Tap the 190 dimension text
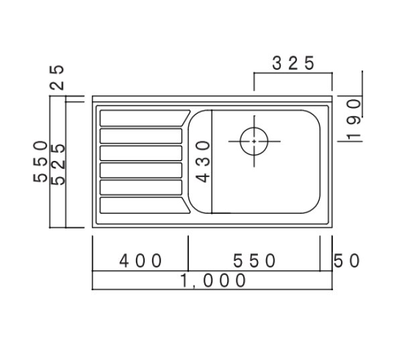pyautogui.click(x=354, y=118)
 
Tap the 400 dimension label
pyautogui.click(x=141, y=259)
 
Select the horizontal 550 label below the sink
pyautogui.click(x=255, y=259)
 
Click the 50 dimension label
pyautogui.click(x=348, y=259)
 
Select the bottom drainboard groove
pyautogui.click(x=141, y=205)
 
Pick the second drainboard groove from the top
pyautogui.click(x=141, y=135)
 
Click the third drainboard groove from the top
pyautogui.click(x=141, y=153)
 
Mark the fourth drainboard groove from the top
pyautogui.click(x=141, y=170)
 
